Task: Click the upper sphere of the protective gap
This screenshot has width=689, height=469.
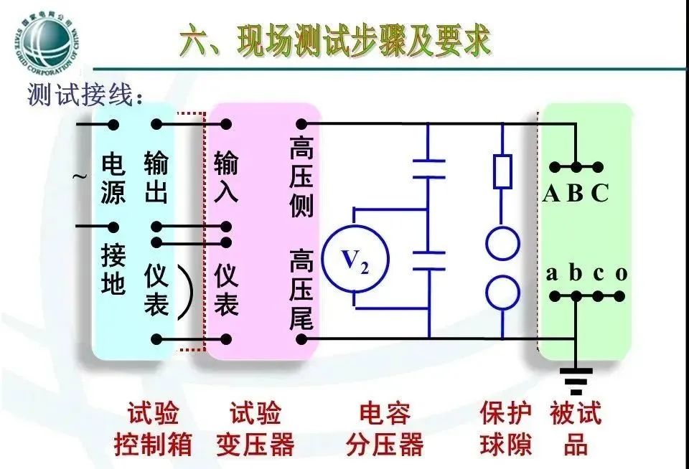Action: (x=502, y=243)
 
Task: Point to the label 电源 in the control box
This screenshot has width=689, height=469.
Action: (x=113, y=179)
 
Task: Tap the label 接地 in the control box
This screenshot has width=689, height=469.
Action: (x=113, y=270)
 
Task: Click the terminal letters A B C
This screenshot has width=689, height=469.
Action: (x=576, y=193)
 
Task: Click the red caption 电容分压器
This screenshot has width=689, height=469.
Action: (x=385, y=430)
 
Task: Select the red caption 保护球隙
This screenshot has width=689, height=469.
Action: (x=506, y=430)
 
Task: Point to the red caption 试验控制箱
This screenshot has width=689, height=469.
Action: (x=153, y=430)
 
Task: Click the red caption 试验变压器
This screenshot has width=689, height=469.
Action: (x=256, y=430)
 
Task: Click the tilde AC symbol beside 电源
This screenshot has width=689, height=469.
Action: (x=81, y=176)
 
